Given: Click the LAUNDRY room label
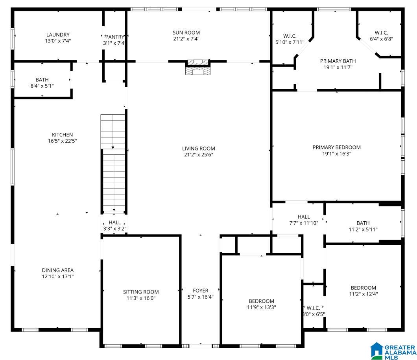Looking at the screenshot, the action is (58, 35).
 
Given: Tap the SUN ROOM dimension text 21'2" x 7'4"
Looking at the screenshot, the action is (186, 39).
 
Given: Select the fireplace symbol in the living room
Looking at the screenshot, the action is (197, 67).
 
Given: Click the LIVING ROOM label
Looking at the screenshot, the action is (198, 149).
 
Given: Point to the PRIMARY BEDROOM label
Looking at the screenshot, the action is (337, 147).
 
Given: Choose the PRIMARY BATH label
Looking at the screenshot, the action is (338, 61).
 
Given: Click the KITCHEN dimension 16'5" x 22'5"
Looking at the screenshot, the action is (63, 141).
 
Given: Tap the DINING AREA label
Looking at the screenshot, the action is (58, 270).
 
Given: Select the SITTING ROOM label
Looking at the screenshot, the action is (141, 292).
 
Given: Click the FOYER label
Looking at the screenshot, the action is (201, 291).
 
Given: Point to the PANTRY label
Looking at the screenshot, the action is (114, 37).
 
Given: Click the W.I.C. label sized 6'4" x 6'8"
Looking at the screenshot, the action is (381, 33).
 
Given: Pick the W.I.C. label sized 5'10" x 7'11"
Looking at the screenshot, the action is (290, 36).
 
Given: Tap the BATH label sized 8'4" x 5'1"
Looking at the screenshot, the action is (42, 80).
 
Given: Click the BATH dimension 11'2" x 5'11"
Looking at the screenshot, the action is (363, 230).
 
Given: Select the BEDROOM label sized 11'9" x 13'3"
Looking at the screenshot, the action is (262, 301).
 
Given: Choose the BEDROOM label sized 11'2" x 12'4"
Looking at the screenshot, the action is (363, 288).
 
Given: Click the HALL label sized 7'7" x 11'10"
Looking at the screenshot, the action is (304, 217).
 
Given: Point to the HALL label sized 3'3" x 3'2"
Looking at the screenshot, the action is (114, 223).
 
